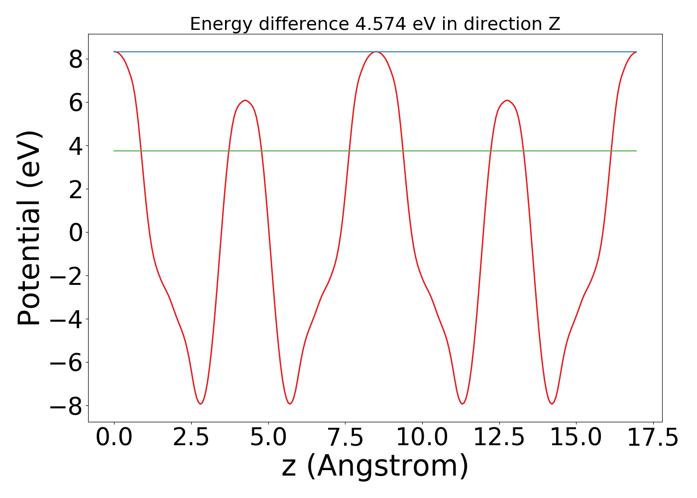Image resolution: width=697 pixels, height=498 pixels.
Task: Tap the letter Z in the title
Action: [x=555, y=24]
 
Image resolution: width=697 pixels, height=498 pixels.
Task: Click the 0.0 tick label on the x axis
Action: [x=114, y=438]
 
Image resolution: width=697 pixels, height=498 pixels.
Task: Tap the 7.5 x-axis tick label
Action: [x=345, y=438]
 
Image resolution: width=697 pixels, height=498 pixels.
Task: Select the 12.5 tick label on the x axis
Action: [x=499, y=438]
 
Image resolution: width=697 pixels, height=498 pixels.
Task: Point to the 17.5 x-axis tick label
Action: [x=653, y=438]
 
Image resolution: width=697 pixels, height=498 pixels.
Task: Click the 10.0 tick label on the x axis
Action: [x=422, y=438]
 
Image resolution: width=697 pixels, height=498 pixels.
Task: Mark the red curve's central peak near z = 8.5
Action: [x=376, y=52]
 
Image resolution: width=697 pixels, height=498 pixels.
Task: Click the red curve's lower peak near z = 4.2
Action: [x=244, y=101]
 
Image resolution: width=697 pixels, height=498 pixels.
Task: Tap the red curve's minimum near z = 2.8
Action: [x=201, y=403]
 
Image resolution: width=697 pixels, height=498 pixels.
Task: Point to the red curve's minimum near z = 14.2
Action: [x=552, y=403]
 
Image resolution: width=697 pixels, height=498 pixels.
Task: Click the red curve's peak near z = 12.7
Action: [x=507, y=101]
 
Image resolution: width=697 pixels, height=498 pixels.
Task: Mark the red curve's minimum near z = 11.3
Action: [x=463, y=403]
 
